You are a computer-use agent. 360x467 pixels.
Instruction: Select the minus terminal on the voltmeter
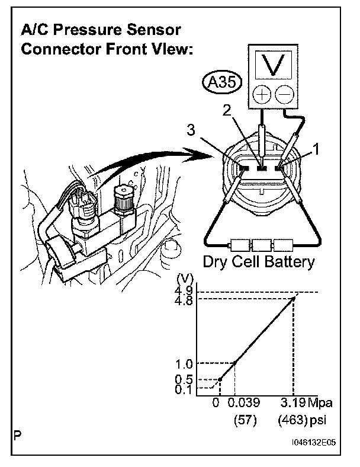285,94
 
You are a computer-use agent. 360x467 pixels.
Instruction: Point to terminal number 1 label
317,150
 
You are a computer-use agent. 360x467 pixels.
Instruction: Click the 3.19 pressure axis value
293,404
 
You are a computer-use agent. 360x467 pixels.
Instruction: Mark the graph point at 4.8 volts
293,298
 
